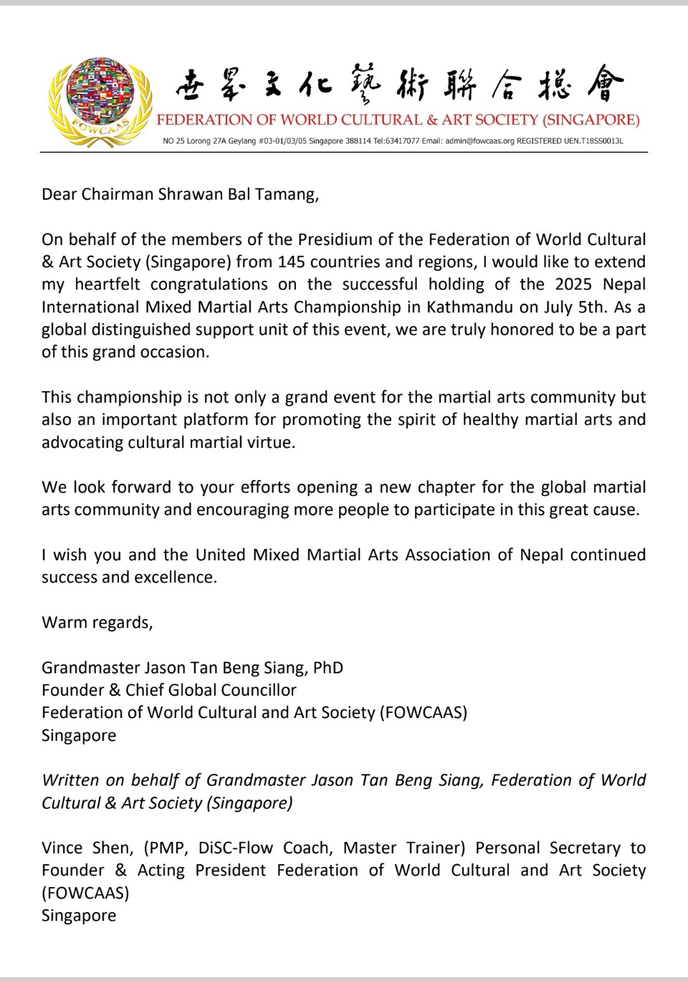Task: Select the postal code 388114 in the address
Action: click(x=358, y=141)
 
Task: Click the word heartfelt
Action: click(x=107, y=284)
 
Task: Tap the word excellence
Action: click(x=179, y=578)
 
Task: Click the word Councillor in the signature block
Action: click(x=257, y=690)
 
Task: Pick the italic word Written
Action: click(x=71, y=780)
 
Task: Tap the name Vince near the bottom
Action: click(x=62, y=848)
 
